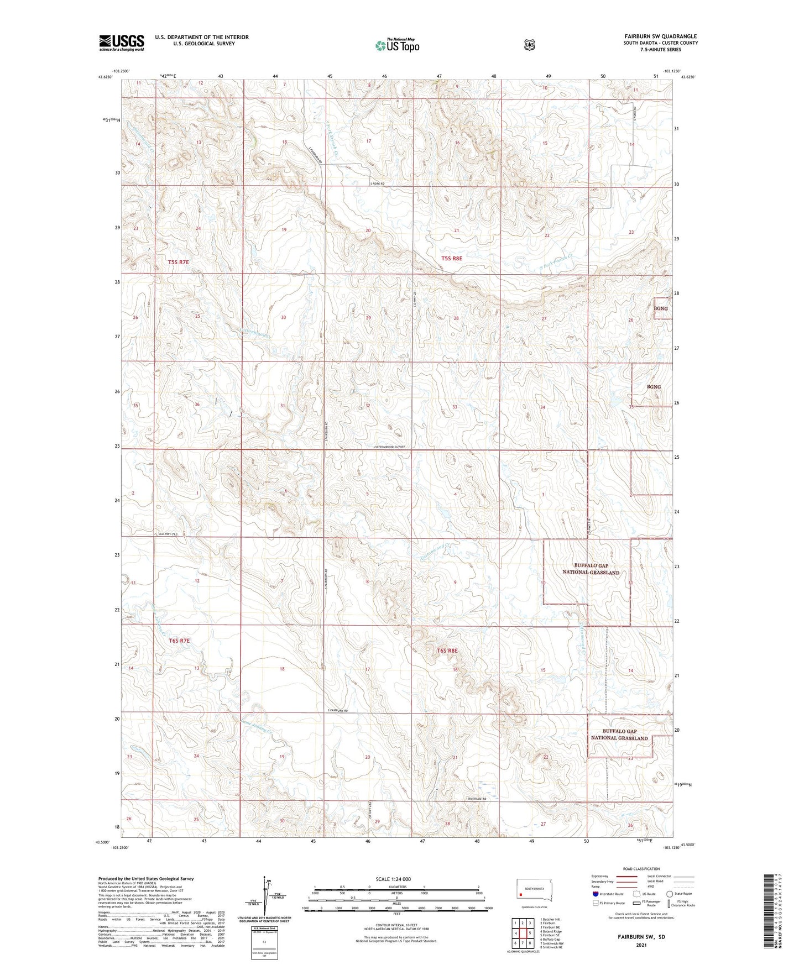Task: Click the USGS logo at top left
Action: (121, 43)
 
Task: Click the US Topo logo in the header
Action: (398, 45)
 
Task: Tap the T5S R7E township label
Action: (179, 261)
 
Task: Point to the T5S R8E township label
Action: (452, 258)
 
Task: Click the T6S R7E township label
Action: (179, 641)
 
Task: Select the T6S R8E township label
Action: (447, 651)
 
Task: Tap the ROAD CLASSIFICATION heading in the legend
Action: (641, 869)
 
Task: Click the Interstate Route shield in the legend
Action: (595, 894)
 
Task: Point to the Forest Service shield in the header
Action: (529, 45)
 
